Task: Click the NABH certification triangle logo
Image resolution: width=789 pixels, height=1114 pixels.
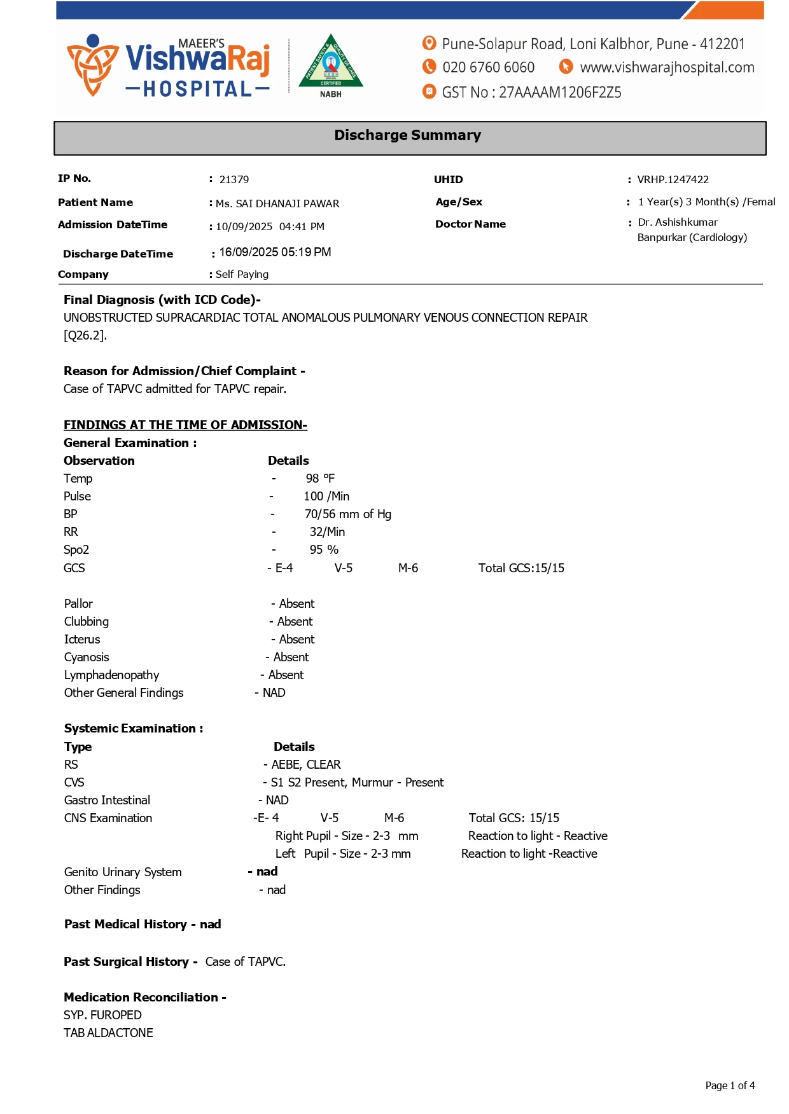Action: pos(330,64)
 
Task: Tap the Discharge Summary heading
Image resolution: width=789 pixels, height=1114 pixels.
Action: pos(407,135)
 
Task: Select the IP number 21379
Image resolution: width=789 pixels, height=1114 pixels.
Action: pos(234,180)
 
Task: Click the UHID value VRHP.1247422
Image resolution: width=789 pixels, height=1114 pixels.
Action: pos(673,180)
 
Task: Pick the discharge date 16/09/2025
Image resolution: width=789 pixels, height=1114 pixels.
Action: pos(249,252)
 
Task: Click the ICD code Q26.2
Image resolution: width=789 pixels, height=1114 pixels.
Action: pos(84,336)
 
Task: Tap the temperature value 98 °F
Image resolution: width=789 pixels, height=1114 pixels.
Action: pos(320,479)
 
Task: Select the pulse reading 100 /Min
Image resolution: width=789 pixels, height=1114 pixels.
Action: pos(326,497)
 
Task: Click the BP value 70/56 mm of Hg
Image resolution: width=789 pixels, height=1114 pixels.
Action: pos(347,514)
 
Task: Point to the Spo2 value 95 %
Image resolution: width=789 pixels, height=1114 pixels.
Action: pos(324,550)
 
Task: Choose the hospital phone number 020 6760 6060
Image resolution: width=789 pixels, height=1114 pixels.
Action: pos(488,67)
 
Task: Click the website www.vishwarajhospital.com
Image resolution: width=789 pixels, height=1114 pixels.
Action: pos(667,67)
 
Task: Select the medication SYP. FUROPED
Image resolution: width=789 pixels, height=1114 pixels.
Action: pos(102,1015)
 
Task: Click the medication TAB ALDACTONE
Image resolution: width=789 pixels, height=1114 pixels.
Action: pos(108,1033)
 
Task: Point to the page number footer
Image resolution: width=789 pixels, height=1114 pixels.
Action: pos(730,1086)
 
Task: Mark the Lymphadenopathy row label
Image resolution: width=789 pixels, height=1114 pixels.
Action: pos(111,675)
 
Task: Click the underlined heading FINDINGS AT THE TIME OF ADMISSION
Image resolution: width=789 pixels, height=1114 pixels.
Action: pos(185,425)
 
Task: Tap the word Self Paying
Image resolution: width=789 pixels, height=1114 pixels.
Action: pos(242,275)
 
